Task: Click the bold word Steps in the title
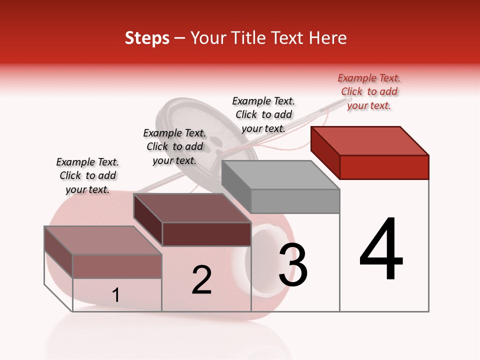pyautogui.click(x=147, y=38)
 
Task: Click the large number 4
pyautogui.click(x=381, y=250)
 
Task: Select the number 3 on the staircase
pyautogui.click(x=293, y=265)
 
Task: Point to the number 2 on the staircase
pyautogui.click(x=201, y=280)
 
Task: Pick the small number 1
pyautogui.click(x=115, y=295)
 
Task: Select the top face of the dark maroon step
pyautogui.click(x=192, y=208)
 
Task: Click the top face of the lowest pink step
pyautogui.click(x=103, y=240)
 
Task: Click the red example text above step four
pyautogui.click(x=369, y=91)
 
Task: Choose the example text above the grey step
pyautogui.click(x=263, y=114)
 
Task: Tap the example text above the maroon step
pyautogui.click(x=174, y=146)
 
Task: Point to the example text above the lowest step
pyautogui.click(x=87, y=175)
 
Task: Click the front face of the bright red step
pyautogui.click(x=384, y=167)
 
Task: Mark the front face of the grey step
pyautogui.click(x=295, y=201)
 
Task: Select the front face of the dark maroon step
pyautogui.click(x=206, y=234)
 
